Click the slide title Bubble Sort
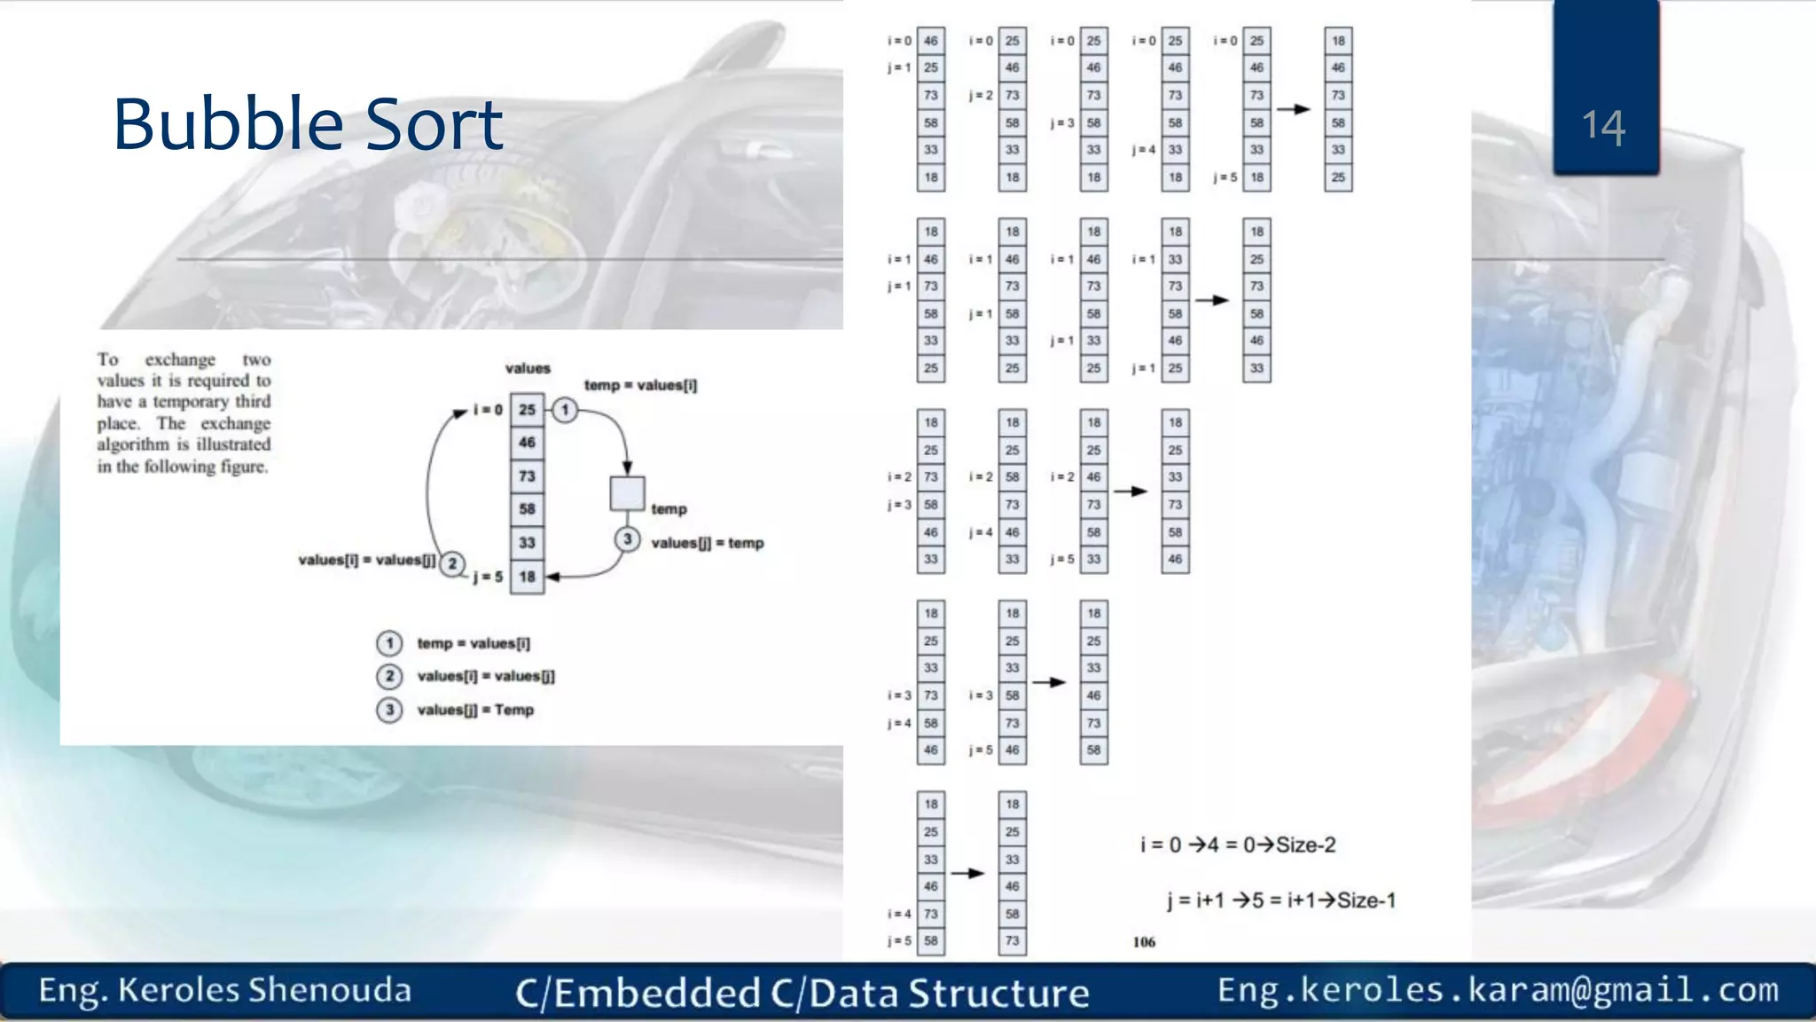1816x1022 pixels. pyautogui.click(x=308, y=124)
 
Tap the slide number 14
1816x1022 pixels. pyautogui.click(x=1603, y=127)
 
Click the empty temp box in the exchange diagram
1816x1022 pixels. pyautogui.click(x=627, y=494)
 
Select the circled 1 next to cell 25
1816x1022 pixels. pyautogui.click(x=565, y=410)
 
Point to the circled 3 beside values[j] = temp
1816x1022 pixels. pyautogui.click(x=627, y=539)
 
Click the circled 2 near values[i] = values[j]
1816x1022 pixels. pyautogui.click(x=452, y=563)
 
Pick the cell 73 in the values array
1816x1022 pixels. pyautogui.click(x=527, y=476)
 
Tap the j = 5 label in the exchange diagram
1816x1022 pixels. pyautogui.click(x=488, y=577)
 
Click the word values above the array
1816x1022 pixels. pyautogui.click(x=528, y=368)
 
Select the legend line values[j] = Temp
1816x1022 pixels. pyautogui.click(x=475, y=710)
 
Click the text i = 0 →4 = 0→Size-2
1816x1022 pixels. pyautogui.click(x=1238, y=845)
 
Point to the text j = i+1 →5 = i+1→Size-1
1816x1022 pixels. pyautogui.click(x=1281, y=900)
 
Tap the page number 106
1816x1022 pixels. pyautogui.click(x=1144, y=942)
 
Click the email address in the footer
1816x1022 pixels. pyautogui.click(x=1498, y=989)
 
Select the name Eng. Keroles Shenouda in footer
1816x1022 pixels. pyautogui.click(x=225, y=990)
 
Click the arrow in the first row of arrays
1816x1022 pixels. pyautogui.click(x=1294, y=109)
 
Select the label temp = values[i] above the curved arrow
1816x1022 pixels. pyautogui.click(x=640, y=385)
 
